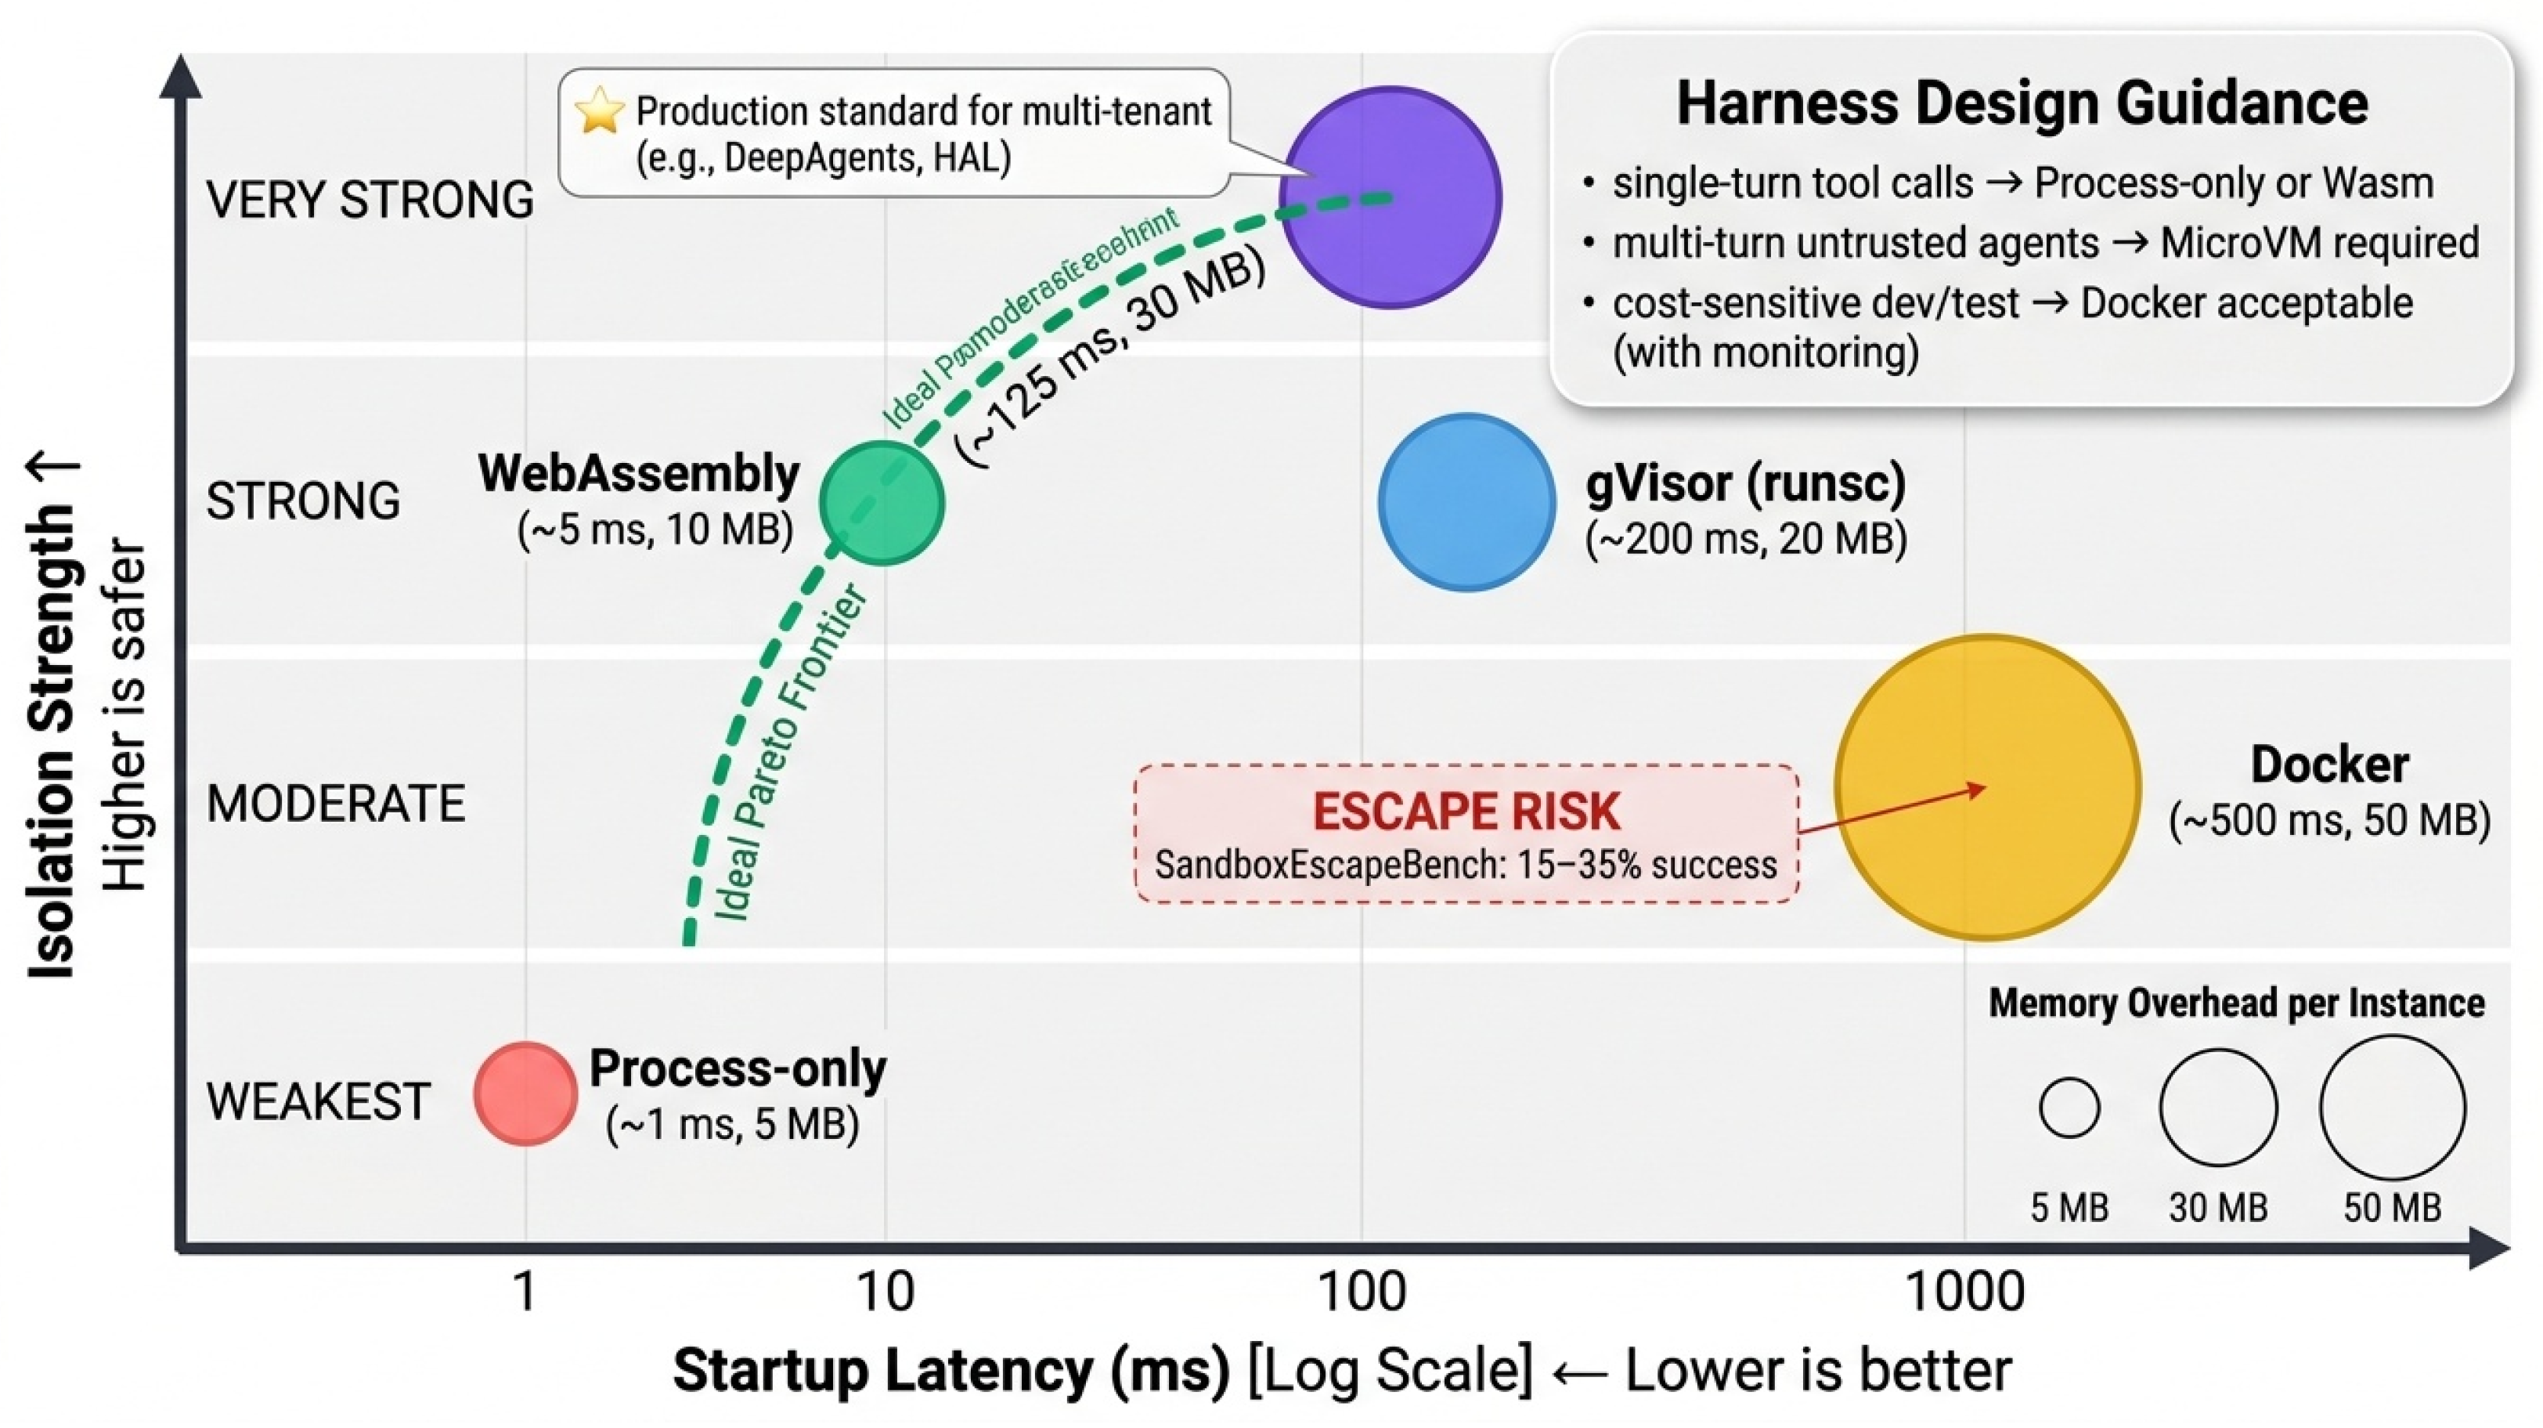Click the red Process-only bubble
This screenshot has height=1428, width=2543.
click(x=525, y=1094)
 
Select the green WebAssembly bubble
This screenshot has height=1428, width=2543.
click(x=882, y=503)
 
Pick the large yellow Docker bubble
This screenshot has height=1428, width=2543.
click(x=1987, y=787)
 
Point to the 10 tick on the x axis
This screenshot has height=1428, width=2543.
click(x=885, y=1291)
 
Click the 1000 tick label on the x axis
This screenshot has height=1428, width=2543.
click(x=1964, y=1291)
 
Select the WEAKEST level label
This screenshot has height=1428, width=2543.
click(x=318, y=1101)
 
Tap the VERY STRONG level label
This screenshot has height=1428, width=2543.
click(x=370, y=200)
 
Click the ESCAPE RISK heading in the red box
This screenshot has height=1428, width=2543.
click(x=1466, y=812)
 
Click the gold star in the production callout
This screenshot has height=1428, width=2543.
click(x=599, y=110)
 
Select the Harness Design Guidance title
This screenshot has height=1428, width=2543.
click(x=2022, y=103)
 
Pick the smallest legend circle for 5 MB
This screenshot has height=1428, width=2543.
click(x=2069, y=1107)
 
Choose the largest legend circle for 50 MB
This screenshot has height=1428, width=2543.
click(x=2391, y=1107)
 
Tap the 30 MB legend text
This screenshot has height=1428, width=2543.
click(x=2218, y=1208)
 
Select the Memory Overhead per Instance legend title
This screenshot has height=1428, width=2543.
click(x=2236, y=1003)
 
